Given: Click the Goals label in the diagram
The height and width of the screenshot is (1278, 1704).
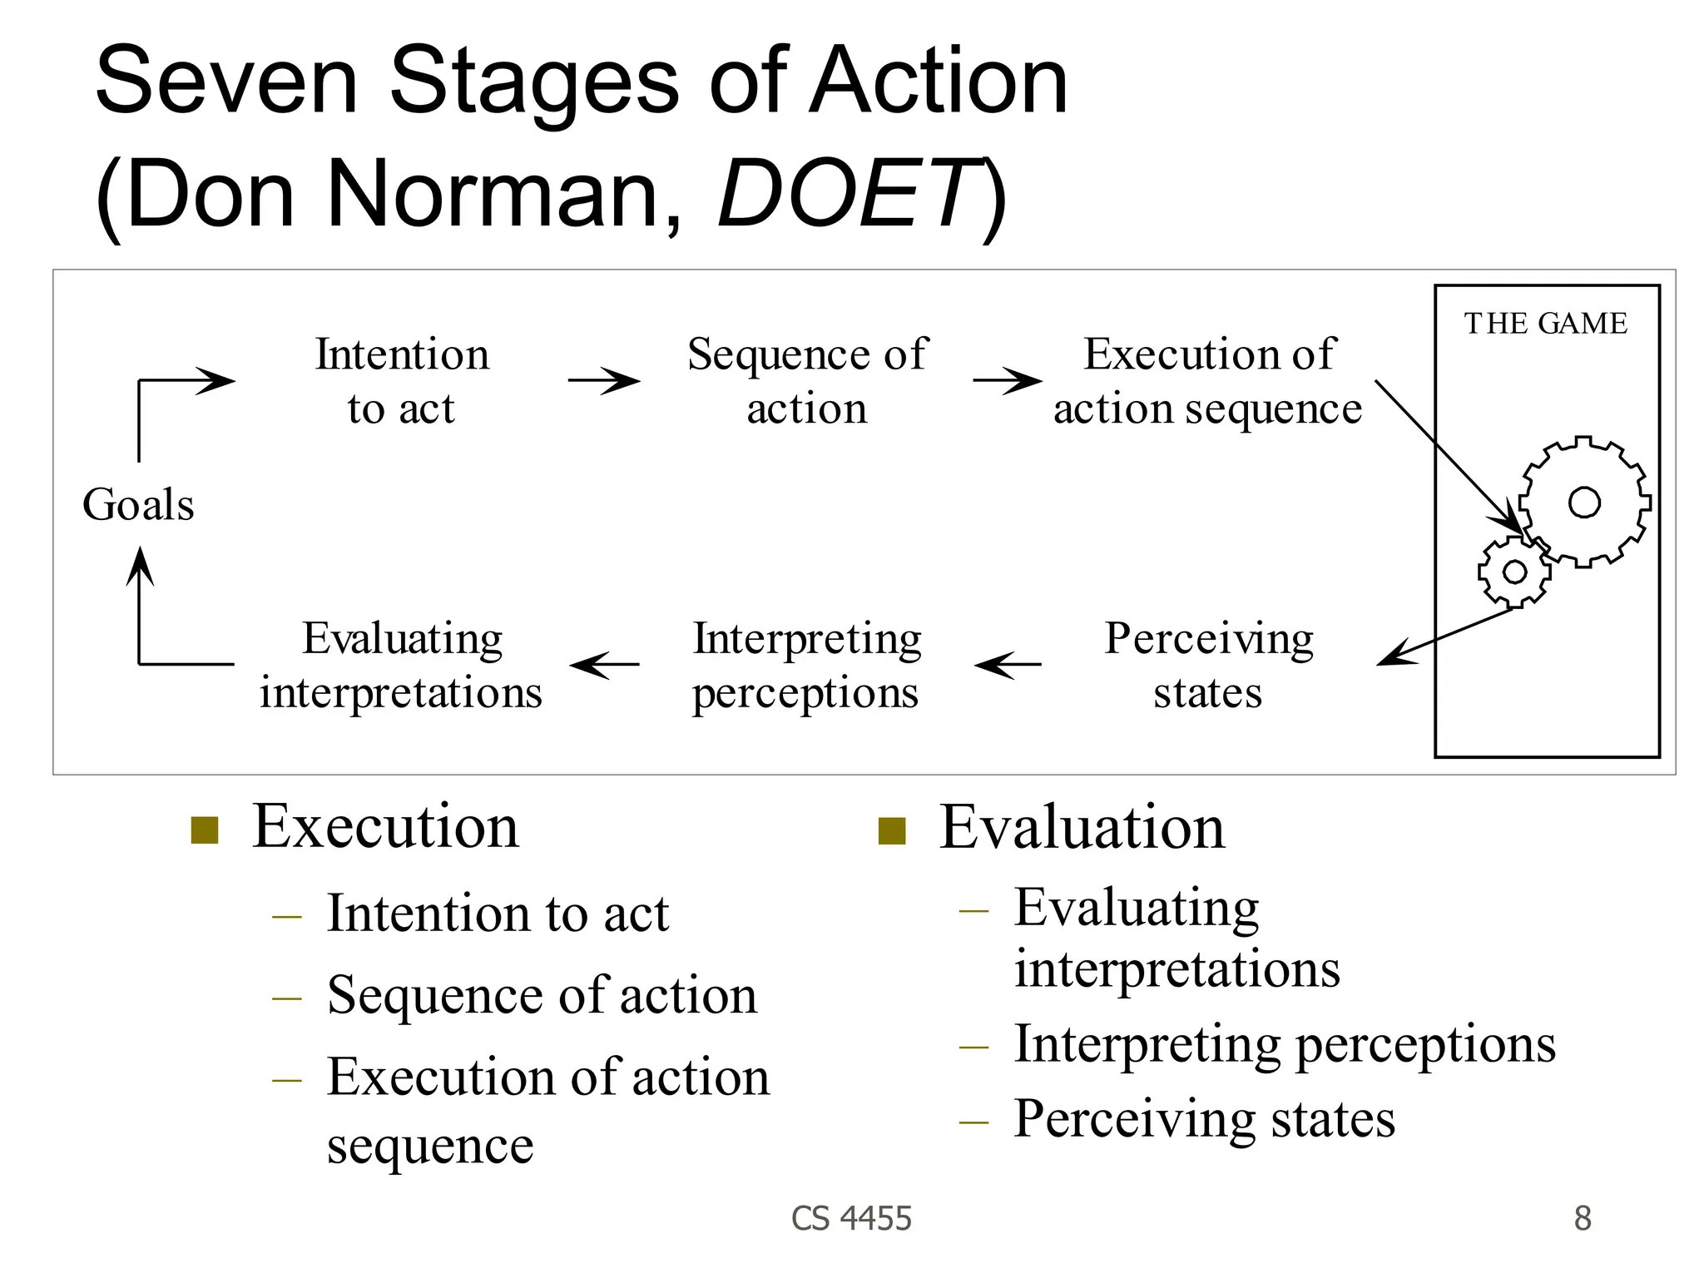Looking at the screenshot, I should [x=138, y=505].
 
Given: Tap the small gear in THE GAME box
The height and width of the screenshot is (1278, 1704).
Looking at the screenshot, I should [x=1513, y=572].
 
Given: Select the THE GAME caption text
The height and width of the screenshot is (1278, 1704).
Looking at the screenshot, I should [x=1545, y=324].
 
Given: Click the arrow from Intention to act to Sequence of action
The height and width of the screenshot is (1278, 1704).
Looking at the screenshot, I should [x=604, y=381].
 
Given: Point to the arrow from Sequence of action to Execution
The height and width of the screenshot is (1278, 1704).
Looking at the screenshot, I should [x=1007, y=381].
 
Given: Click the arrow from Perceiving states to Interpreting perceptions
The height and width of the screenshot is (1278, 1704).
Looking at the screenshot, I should [x=1008, y=664].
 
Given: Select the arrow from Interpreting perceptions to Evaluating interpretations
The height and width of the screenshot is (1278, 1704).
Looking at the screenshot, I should [x=605, y=664].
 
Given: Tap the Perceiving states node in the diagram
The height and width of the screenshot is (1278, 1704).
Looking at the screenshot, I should [x=1208, y=664].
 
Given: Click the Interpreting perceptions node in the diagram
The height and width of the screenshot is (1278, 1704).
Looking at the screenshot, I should [x=806, y=664].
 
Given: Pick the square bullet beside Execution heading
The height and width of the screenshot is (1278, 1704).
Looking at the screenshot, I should [x=205, y=830].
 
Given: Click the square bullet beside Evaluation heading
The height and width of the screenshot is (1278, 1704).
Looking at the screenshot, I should [x=892, y=830].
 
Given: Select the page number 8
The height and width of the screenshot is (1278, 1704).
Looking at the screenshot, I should [x=1583, y=1218].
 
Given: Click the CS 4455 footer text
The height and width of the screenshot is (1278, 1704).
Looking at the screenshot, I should [x=851, y=1218].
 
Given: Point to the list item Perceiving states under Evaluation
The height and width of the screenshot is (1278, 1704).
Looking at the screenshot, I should [x=1204, y=1118].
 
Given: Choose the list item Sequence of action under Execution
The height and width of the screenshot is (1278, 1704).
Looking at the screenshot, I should [x=542, y=994].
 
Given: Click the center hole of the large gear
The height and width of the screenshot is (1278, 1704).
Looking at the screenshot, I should [x=1584, y=503].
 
